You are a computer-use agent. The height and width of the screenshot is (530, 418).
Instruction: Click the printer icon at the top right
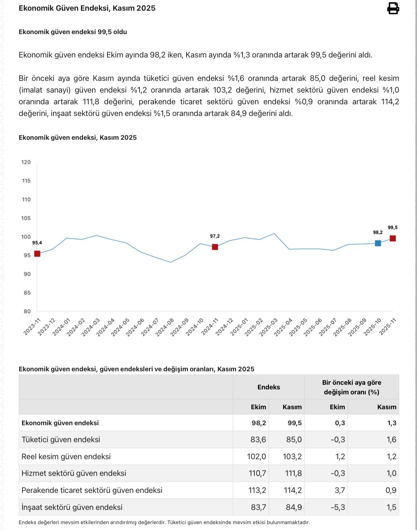click(x=393, y=8)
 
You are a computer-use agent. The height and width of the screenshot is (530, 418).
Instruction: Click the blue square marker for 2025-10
click(x=378, y=243)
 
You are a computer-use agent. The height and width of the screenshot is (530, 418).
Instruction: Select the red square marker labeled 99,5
click(x=392, y=239)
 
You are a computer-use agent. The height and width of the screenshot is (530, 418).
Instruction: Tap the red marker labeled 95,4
click(x=37, y=253)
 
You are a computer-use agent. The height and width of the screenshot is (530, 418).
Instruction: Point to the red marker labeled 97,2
click(x=215, y=247)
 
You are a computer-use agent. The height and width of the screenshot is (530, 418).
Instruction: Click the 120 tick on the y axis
click(x=26, y=162)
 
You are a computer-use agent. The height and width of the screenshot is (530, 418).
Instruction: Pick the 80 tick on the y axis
click(x=27, y=311)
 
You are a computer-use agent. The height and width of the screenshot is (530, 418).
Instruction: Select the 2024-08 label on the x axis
click(x=165, y=327)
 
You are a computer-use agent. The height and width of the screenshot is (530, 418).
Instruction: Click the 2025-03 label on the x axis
click(x=268, y=327)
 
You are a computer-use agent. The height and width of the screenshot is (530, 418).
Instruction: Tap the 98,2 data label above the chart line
click(x=378, y=233)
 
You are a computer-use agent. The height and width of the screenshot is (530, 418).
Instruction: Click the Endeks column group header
click(x=268, y=387)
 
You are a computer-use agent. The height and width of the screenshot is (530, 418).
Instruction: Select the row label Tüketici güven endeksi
click(x=61, y=440)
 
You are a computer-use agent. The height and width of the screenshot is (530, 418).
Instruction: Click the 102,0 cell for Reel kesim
click(x=256, y=457)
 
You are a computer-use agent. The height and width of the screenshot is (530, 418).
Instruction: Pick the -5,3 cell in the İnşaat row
click(x=338, y=507)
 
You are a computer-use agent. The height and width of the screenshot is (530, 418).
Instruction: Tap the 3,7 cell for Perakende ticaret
click(x=340, y=490)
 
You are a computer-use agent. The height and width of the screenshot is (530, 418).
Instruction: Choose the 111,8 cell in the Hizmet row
click(x=293, y=473)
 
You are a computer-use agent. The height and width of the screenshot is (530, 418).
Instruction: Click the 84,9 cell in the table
click(x=294, y=507)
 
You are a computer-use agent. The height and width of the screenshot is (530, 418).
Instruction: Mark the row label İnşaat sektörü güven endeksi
click(x=72, y=507)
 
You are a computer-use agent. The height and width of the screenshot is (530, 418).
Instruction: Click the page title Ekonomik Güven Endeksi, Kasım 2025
click(x=87, y=8)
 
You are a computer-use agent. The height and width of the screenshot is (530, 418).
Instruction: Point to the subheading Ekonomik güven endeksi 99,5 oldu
click(x=73, y=32)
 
